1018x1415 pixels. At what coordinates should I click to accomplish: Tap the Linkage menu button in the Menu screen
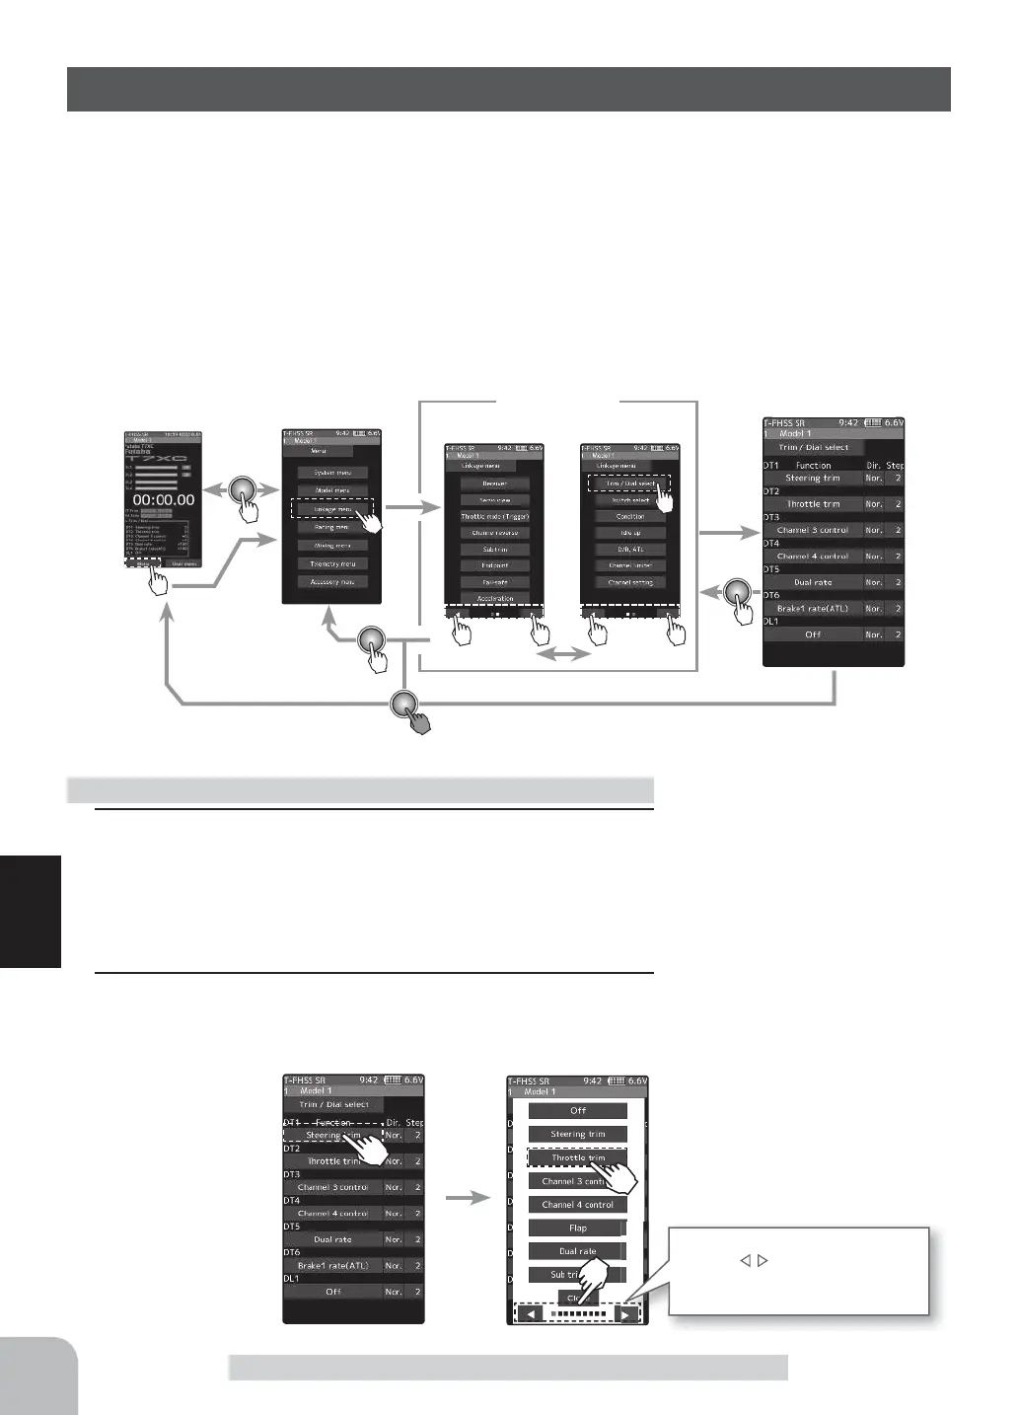331,509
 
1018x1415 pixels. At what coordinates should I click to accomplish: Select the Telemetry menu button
332,563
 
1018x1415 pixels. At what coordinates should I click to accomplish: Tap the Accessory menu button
332,582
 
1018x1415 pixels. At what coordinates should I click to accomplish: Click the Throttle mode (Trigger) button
495,516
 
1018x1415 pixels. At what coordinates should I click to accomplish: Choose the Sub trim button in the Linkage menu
495,550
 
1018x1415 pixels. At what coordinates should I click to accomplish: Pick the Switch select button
630,500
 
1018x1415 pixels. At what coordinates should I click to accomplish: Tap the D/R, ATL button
630,550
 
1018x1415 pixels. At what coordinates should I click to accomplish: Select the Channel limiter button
630,565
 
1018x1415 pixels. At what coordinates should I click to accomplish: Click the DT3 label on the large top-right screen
771,517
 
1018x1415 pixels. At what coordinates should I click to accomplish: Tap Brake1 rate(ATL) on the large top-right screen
812,609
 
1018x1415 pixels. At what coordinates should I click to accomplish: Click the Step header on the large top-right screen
894,465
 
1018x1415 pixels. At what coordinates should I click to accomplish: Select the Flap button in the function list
578,1229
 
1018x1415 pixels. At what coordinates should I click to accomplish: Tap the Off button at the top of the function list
578,1111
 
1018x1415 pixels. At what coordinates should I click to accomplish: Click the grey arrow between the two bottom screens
467,1198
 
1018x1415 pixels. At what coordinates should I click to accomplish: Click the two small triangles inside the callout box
754,1260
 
